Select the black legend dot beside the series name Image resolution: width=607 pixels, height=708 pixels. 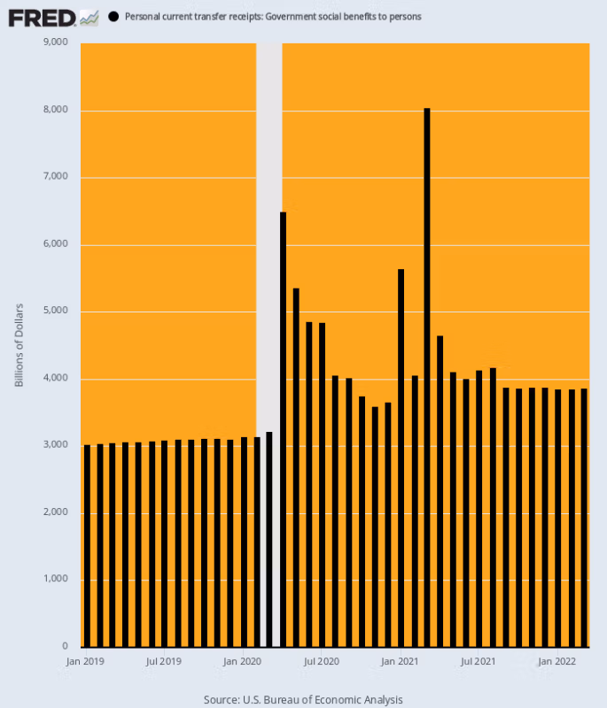113,17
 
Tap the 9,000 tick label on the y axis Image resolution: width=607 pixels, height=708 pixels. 56,42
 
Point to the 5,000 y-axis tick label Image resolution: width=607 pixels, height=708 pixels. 56,312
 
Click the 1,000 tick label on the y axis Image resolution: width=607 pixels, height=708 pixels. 56,580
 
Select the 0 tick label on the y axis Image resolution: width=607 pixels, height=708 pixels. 66,647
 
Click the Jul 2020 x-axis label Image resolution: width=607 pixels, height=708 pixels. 322,661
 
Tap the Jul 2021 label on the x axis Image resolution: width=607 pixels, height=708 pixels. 479,661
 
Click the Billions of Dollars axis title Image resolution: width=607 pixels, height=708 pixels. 19,345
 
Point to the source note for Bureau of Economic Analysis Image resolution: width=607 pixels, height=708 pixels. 303,699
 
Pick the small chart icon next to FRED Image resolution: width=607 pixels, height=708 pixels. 89,17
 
